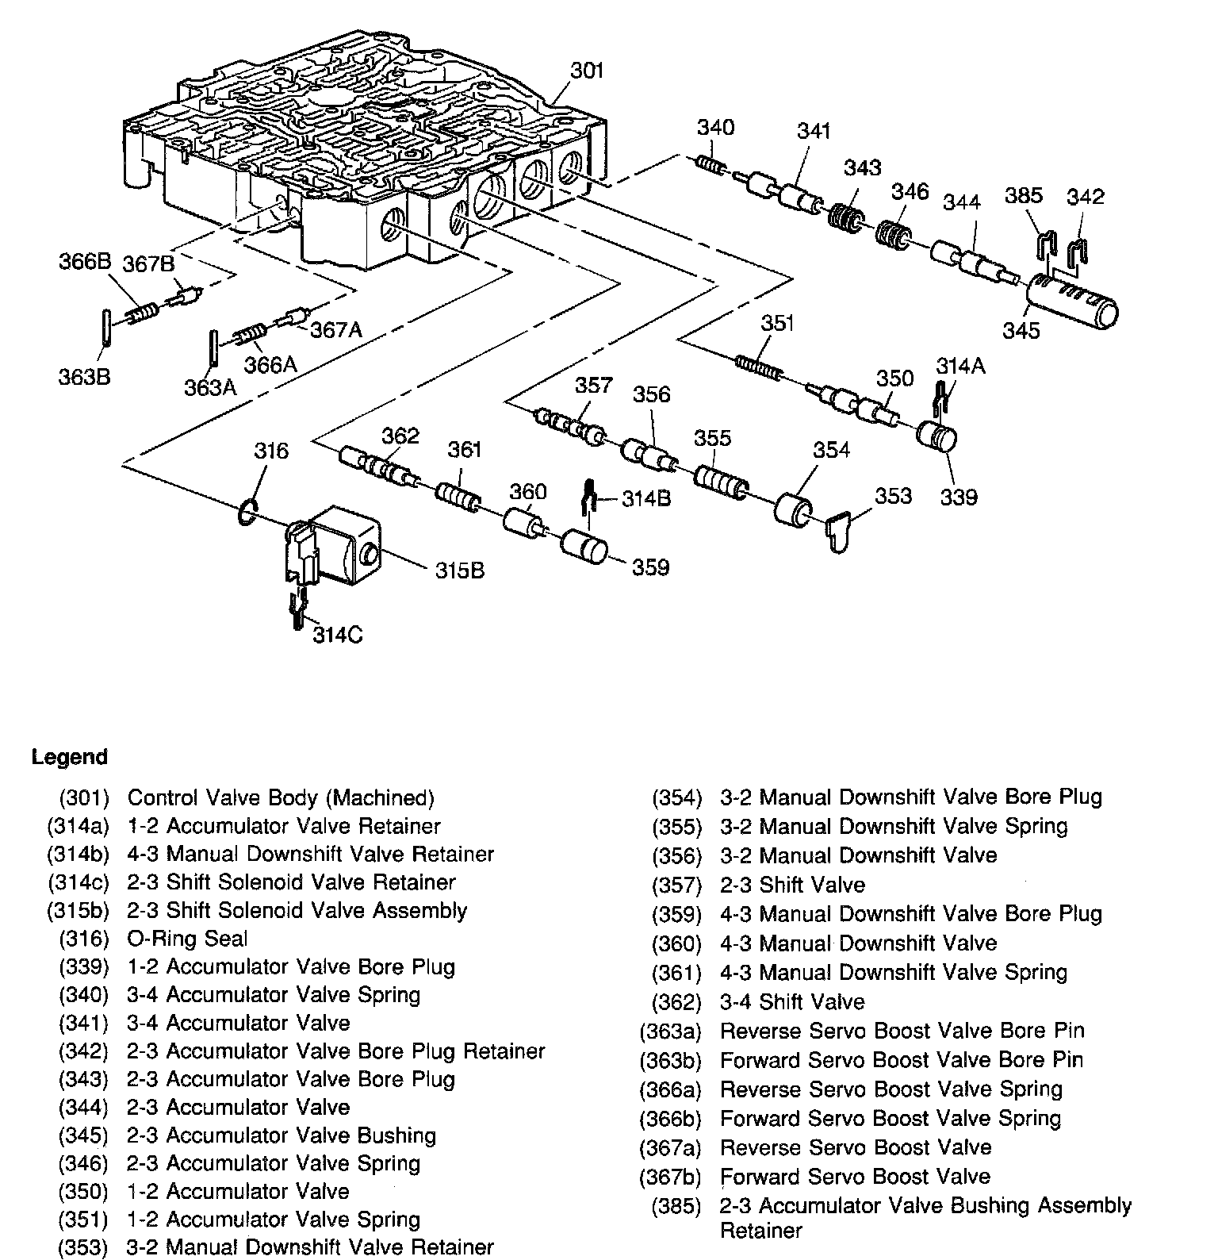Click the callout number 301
587,71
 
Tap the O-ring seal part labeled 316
247,512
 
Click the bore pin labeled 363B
106,327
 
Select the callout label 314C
338,635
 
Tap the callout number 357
594,385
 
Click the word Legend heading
69,757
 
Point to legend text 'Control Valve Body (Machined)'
281,797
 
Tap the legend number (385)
676,1206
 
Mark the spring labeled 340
710,168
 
